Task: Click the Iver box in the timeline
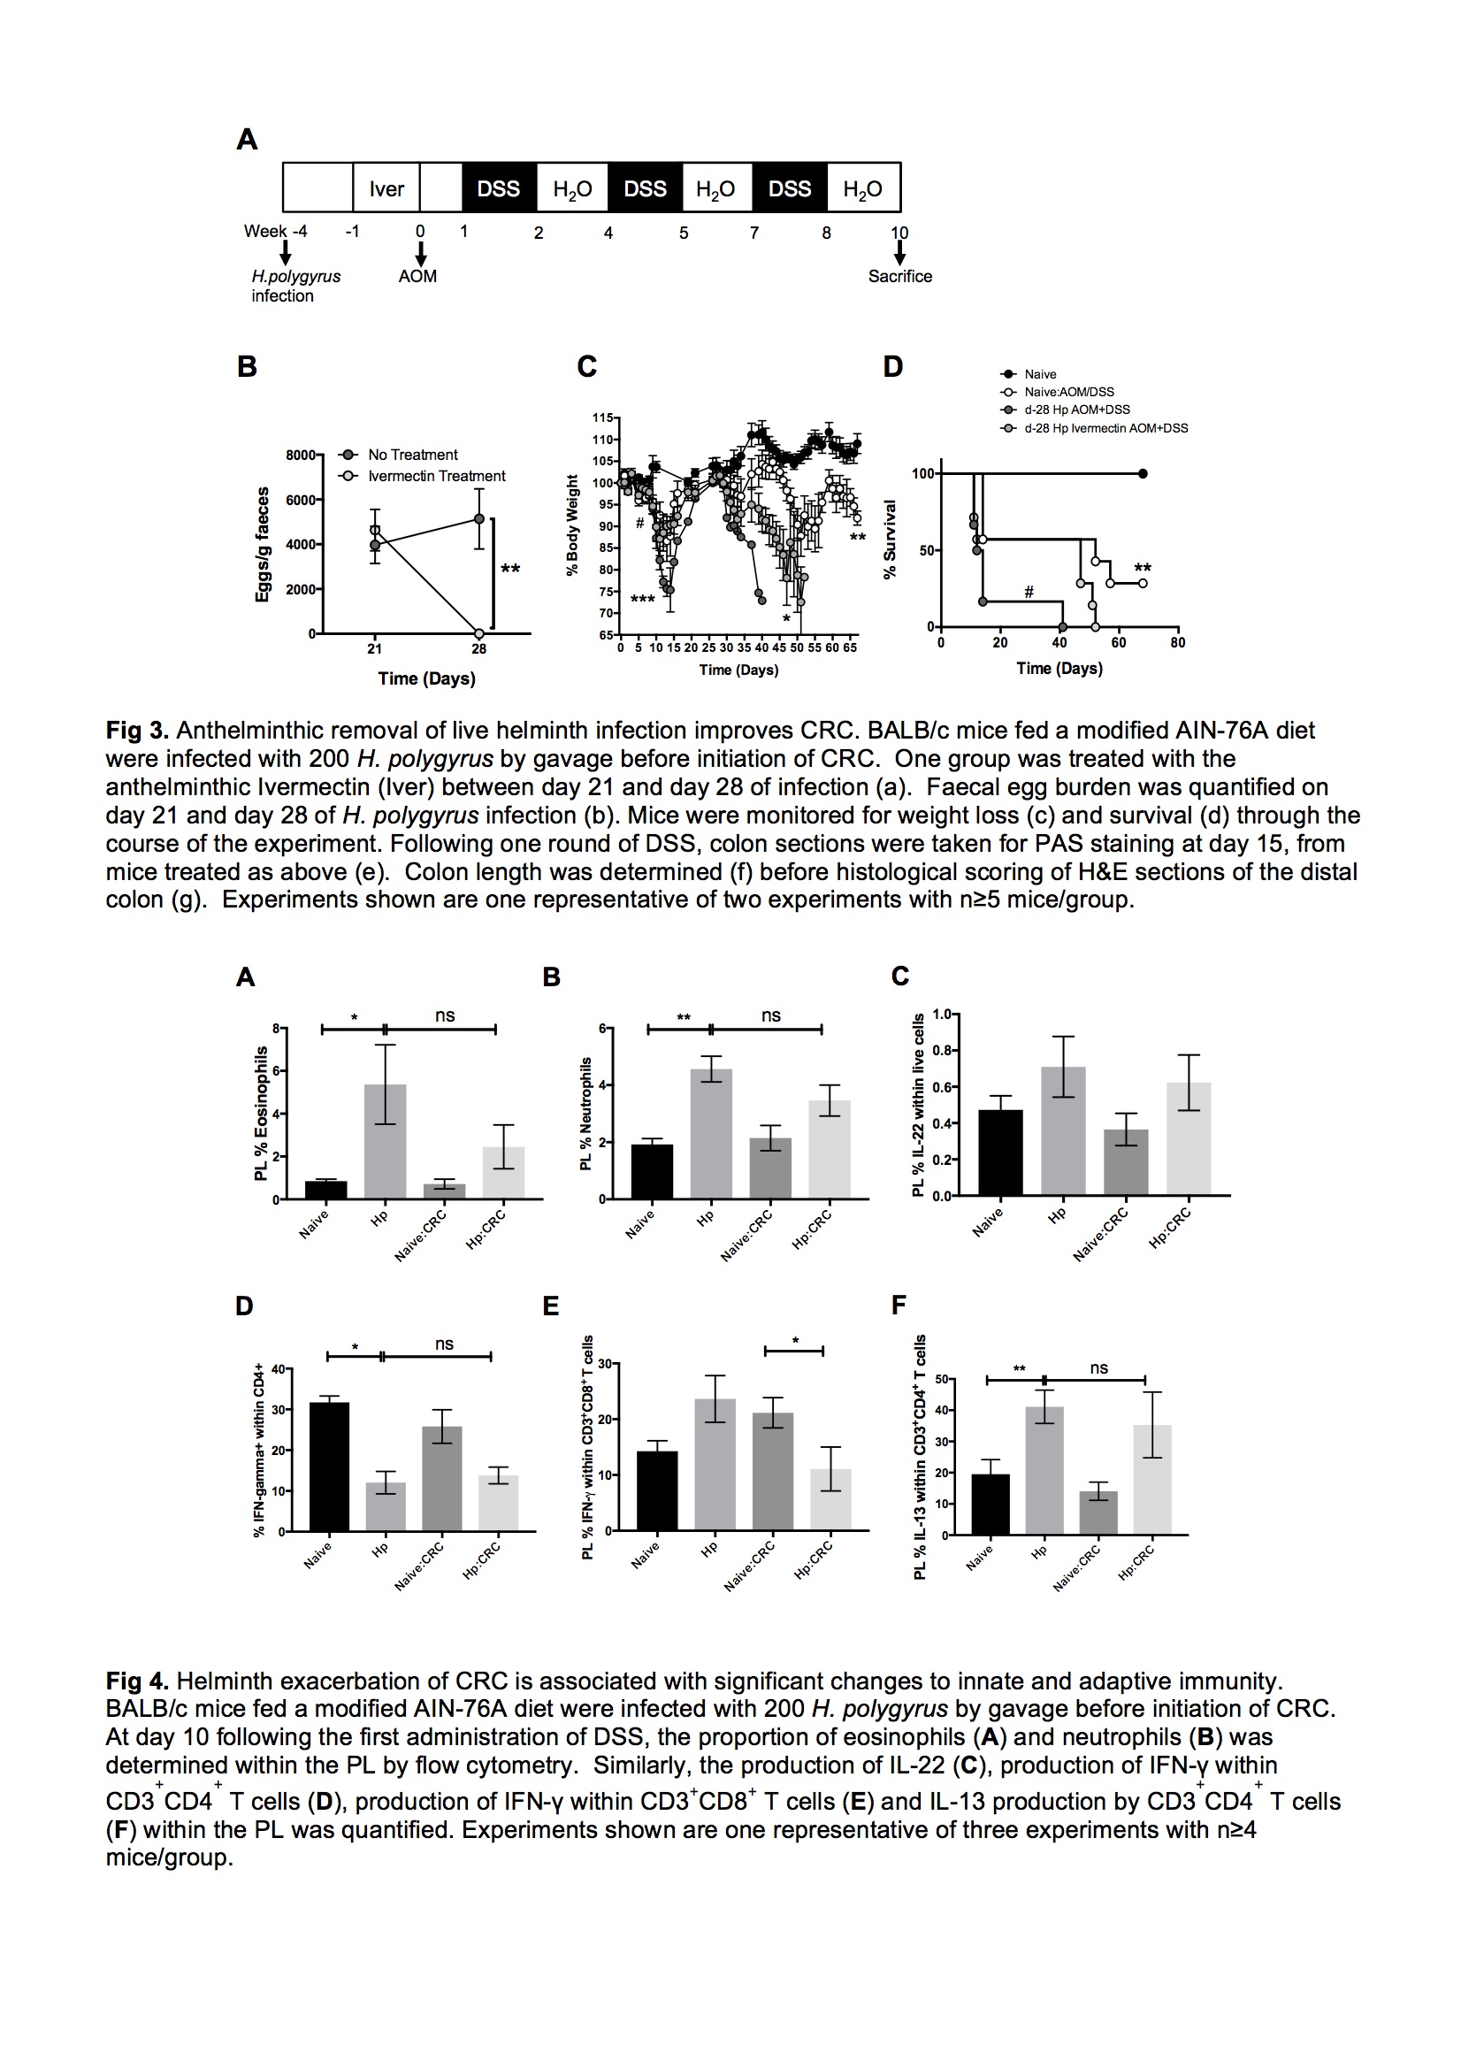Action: pyautogui.click(x=386, y=188)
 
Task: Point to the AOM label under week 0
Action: pyautogui.click(x=418, y=277)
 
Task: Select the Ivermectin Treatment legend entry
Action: pyautogui.click(x=436, y=476)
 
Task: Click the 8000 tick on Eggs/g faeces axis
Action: pyautogui.click(x=300, y=456)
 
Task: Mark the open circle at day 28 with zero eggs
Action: pyautogui.click(x=479, y=633)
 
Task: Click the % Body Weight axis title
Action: pyautogui.click(x=572, y=525)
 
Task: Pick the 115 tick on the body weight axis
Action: pyautogui.click(x=602, y=417)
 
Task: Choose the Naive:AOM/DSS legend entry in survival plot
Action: pyautogui.click(x=1068, y=392)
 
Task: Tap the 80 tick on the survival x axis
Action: pyautogui.click(x=1178, y=643)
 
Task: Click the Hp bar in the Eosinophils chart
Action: pyautogui.click(x=386, y=1141)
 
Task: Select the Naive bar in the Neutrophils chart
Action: pyautogui.click(x=652, y=1171)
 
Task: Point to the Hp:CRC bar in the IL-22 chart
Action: pyautogui.click(x=1189, y=1138)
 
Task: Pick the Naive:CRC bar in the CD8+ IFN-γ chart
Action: pyautogui.click(x=773, y=1471)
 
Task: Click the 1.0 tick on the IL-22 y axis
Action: pyautogui.click(x=942, y=1015)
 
